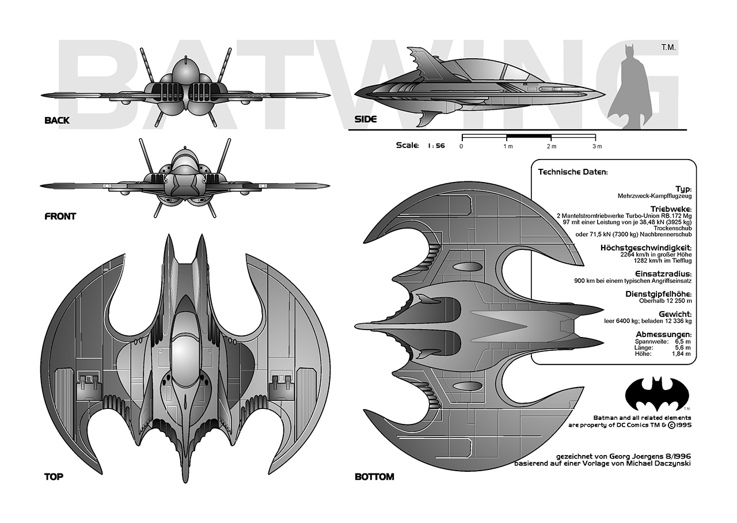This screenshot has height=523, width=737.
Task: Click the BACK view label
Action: pyautogui.click(x=56, y=120)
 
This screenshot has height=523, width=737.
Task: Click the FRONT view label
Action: pyautogui.click(x=60, y=217)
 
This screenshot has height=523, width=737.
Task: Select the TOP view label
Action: pyautogui.click(x=54, y=477)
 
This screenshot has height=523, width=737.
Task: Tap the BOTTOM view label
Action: pyautogui.click(x=374, y=477)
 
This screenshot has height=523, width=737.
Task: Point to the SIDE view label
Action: pyautogui.click(x=365, y=120)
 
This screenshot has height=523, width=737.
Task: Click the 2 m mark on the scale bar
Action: pyautogui.click(x=550, y=146)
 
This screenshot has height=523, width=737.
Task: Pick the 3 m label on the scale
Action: pyautogui.click(x=597, y=146)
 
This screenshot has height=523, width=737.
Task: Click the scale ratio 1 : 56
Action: pyautogui.click(x=436, y=146)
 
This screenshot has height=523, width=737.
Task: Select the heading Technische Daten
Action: pyautogui.click(x=573, y=172)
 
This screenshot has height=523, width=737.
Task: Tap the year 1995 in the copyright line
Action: pyautogui.click(x=681, y=426)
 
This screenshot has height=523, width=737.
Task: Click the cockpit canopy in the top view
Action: pyautogui.click(x=186, y=354)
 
